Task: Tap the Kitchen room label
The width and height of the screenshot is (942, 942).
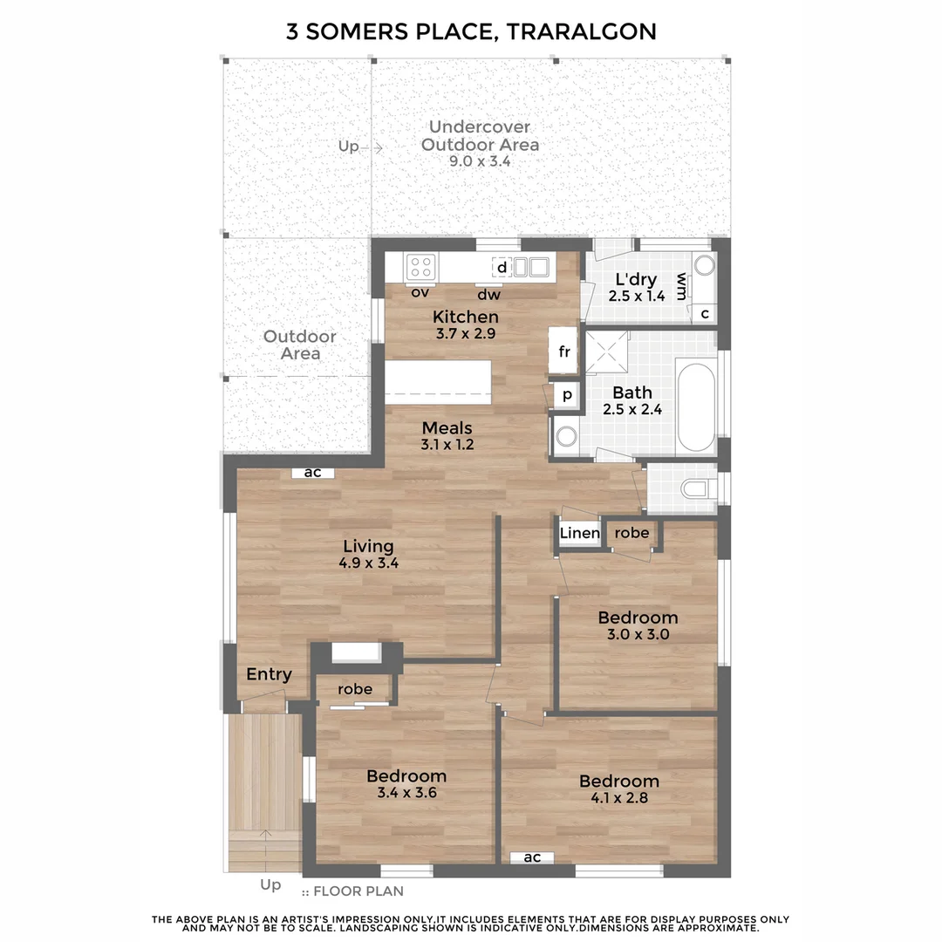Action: pos(466,317)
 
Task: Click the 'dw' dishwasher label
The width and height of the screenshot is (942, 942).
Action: pos(488,294)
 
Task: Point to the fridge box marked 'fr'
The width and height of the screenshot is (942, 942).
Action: pos(564,352)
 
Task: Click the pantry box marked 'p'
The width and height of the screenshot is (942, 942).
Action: pos(567,395)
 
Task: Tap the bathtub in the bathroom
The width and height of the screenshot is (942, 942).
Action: pos(696,407)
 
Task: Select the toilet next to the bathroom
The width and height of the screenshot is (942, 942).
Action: pos(698,489)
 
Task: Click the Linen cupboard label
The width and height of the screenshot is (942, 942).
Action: pos(579,533)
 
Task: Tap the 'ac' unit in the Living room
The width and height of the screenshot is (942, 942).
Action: pos(312,473)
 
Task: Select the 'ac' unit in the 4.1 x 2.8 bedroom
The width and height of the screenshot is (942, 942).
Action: pos(532,857)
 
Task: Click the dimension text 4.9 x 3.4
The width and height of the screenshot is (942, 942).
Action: pos(368,563)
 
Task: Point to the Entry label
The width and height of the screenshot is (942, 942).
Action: pos(269,674)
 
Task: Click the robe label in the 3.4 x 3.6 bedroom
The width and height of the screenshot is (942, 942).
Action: pos(355,689)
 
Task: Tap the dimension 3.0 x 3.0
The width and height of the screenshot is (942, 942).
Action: pos(638,634)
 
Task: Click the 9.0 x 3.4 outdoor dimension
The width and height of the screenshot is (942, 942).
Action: pos(480,160)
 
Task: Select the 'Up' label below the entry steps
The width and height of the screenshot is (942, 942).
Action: pos(270,884)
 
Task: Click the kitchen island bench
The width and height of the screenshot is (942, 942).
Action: pos(440,382)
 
